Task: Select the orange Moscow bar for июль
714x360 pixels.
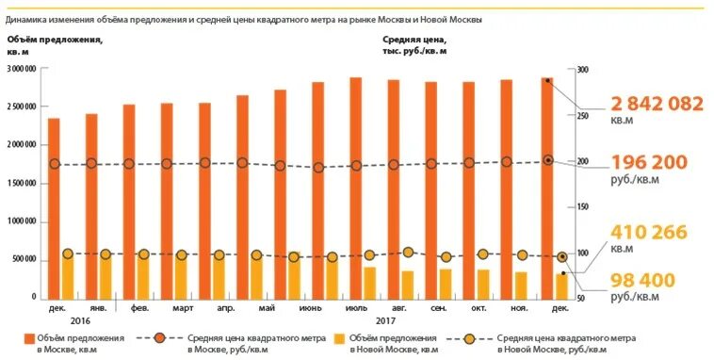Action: click(355, 188)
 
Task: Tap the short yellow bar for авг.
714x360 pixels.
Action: click(381, 286)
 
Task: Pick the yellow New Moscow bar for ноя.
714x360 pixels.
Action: click(521, 286)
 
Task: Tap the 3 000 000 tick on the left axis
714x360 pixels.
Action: click(21, 70)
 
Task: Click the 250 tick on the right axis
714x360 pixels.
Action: click(582, 116)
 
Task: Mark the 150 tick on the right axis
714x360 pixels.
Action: click(582, 206)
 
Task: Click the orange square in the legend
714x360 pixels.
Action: click(29, 337)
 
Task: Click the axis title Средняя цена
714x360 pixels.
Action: click(415, 40)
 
